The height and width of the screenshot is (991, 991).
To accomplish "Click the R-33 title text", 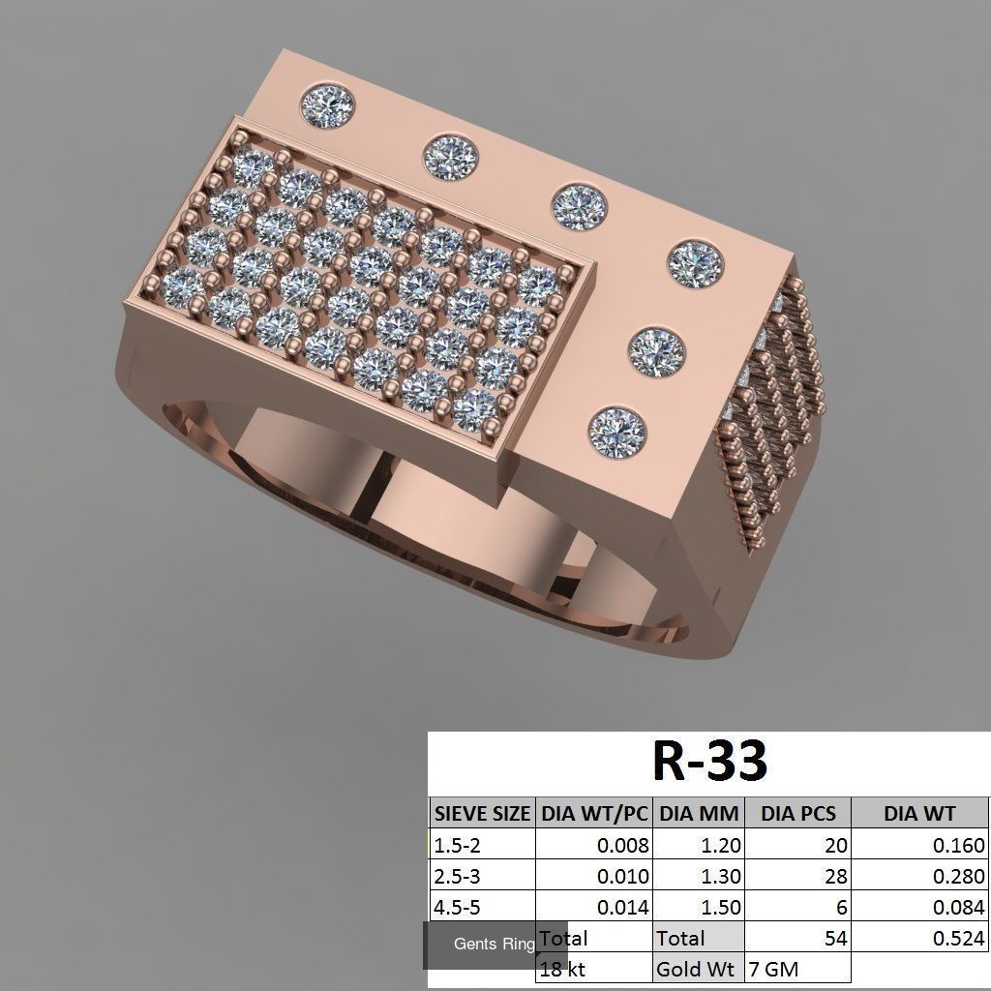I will tap(709, 761).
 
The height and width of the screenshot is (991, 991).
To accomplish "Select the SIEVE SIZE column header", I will tap(482, 814).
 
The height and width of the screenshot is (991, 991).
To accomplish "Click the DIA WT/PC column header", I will tap(594, 814).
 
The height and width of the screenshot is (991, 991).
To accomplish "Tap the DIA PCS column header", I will tap(797, 814).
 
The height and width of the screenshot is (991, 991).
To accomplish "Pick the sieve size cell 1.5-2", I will tap(457, 845).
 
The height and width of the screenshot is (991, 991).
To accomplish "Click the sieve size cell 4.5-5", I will tap(457, 907).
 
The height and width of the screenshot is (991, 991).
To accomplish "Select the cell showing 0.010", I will tap(623, 876).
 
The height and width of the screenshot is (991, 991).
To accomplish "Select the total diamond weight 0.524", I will tap(959, 938).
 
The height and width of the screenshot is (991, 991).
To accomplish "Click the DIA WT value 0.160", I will tap(959, 845).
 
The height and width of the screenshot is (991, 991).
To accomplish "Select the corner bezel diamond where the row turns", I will tap(696, 261).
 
